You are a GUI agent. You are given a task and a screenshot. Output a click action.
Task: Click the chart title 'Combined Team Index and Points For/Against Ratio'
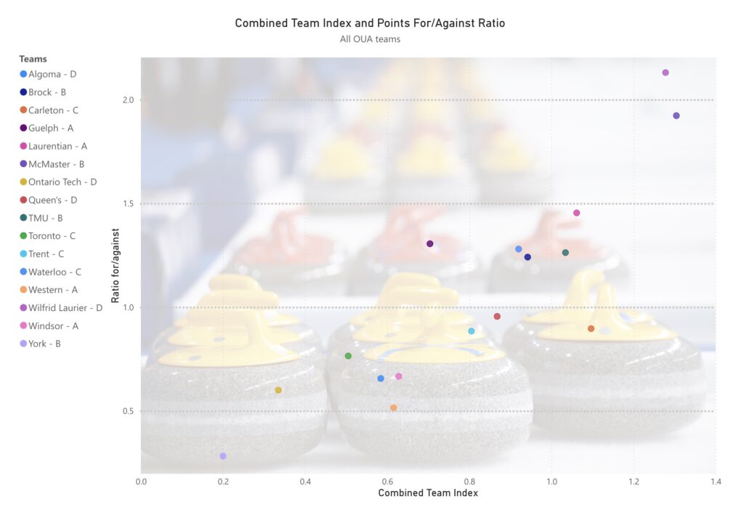click(370, 23)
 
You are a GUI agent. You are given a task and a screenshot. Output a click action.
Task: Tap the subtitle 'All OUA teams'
click(370, 39)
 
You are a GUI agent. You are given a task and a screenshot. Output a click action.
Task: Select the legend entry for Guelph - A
click(52, 128)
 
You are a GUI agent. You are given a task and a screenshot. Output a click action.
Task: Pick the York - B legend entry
click(44, 344)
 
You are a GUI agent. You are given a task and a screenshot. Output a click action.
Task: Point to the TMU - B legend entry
click(46, 218)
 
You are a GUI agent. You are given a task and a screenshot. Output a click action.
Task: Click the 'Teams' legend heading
click(33, 59)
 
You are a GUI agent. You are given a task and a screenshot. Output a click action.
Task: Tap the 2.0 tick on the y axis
click(128, 100)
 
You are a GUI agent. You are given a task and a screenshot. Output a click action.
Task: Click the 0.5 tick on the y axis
click(128, 411)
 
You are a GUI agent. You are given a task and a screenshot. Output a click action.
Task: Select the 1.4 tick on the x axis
click(716, 481)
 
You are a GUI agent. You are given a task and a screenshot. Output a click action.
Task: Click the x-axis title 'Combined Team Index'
click(428, 492)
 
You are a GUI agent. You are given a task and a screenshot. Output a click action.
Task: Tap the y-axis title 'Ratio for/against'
click(116, 265)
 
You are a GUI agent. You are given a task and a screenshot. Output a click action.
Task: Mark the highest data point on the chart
click(666, 73)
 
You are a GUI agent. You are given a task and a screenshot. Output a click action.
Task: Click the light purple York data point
click(223, 456)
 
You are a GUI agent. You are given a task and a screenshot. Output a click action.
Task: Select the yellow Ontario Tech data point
click(278, 390)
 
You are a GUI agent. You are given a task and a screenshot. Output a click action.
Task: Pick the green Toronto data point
click(348, 356)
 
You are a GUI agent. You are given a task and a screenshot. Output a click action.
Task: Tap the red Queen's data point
click(497, 316)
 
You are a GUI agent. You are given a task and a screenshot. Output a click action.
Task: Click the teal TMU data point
click(565, 253)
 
